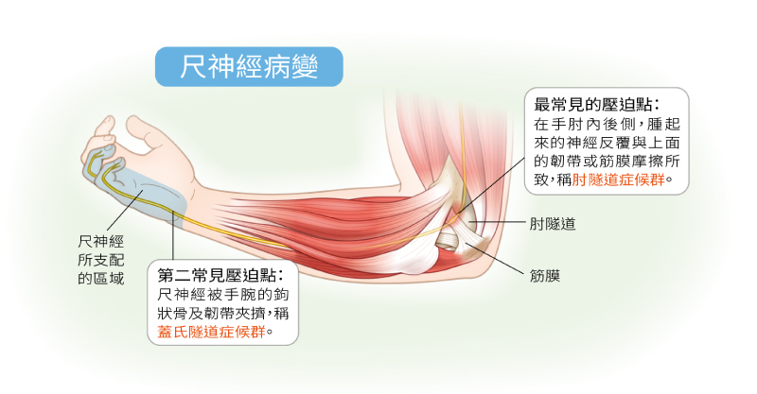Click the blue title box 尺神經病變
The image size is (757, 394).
[x=249, y=66]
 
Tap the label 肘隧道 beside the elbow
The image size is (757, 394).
[x=553, y=224]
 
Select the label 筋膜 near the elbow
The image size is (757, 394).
[x=545, y=276]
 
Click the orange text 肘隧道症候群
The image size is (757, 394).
[x=618, y=180]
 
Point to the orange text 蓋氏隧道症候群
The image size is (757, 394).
[x=211, y=332]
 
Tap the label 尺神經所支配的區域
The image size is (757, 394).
[x=101, y=260]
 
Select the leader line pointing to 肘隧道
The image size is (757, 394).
[x=496, y=222]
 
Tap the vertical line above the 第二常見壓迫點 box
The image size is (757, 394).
[x=172, y=235]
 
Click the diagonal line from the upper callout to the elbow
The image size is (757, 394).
[x=490, y=185]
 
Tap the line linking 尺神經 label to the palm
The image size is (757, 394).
[x=124, y=210]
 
